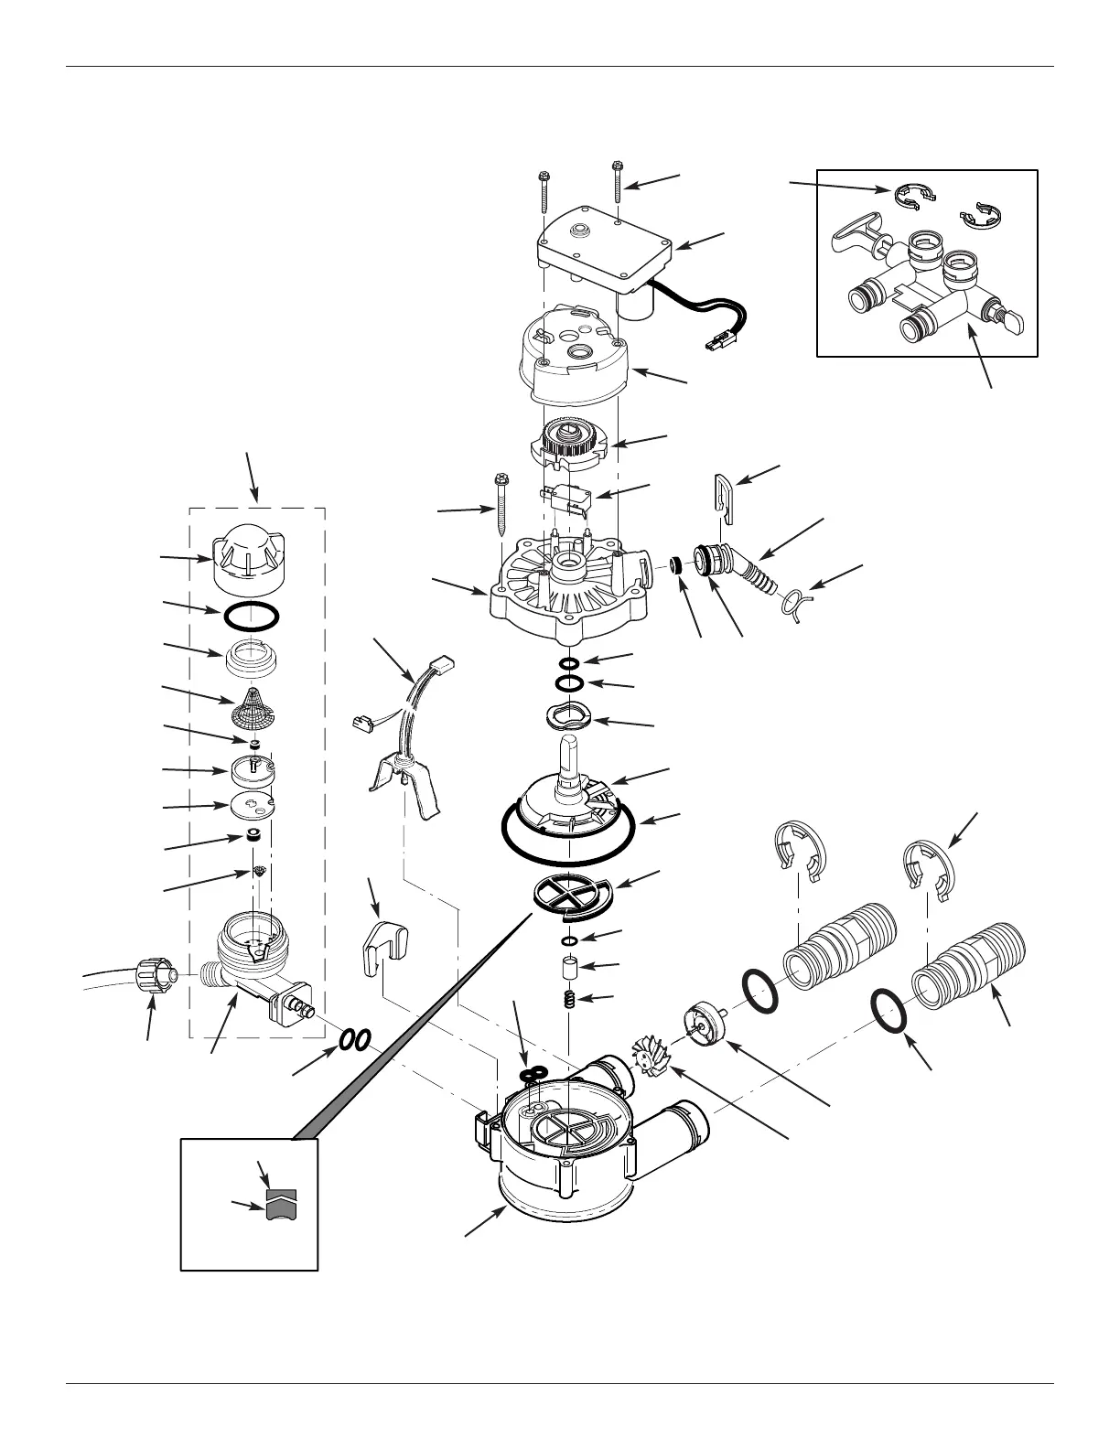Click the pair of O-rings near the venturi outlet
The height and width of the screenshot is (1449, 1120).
tap(355, 1040)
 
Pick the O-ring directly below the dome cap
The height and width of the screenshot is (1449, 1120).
tap(252, 617)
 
